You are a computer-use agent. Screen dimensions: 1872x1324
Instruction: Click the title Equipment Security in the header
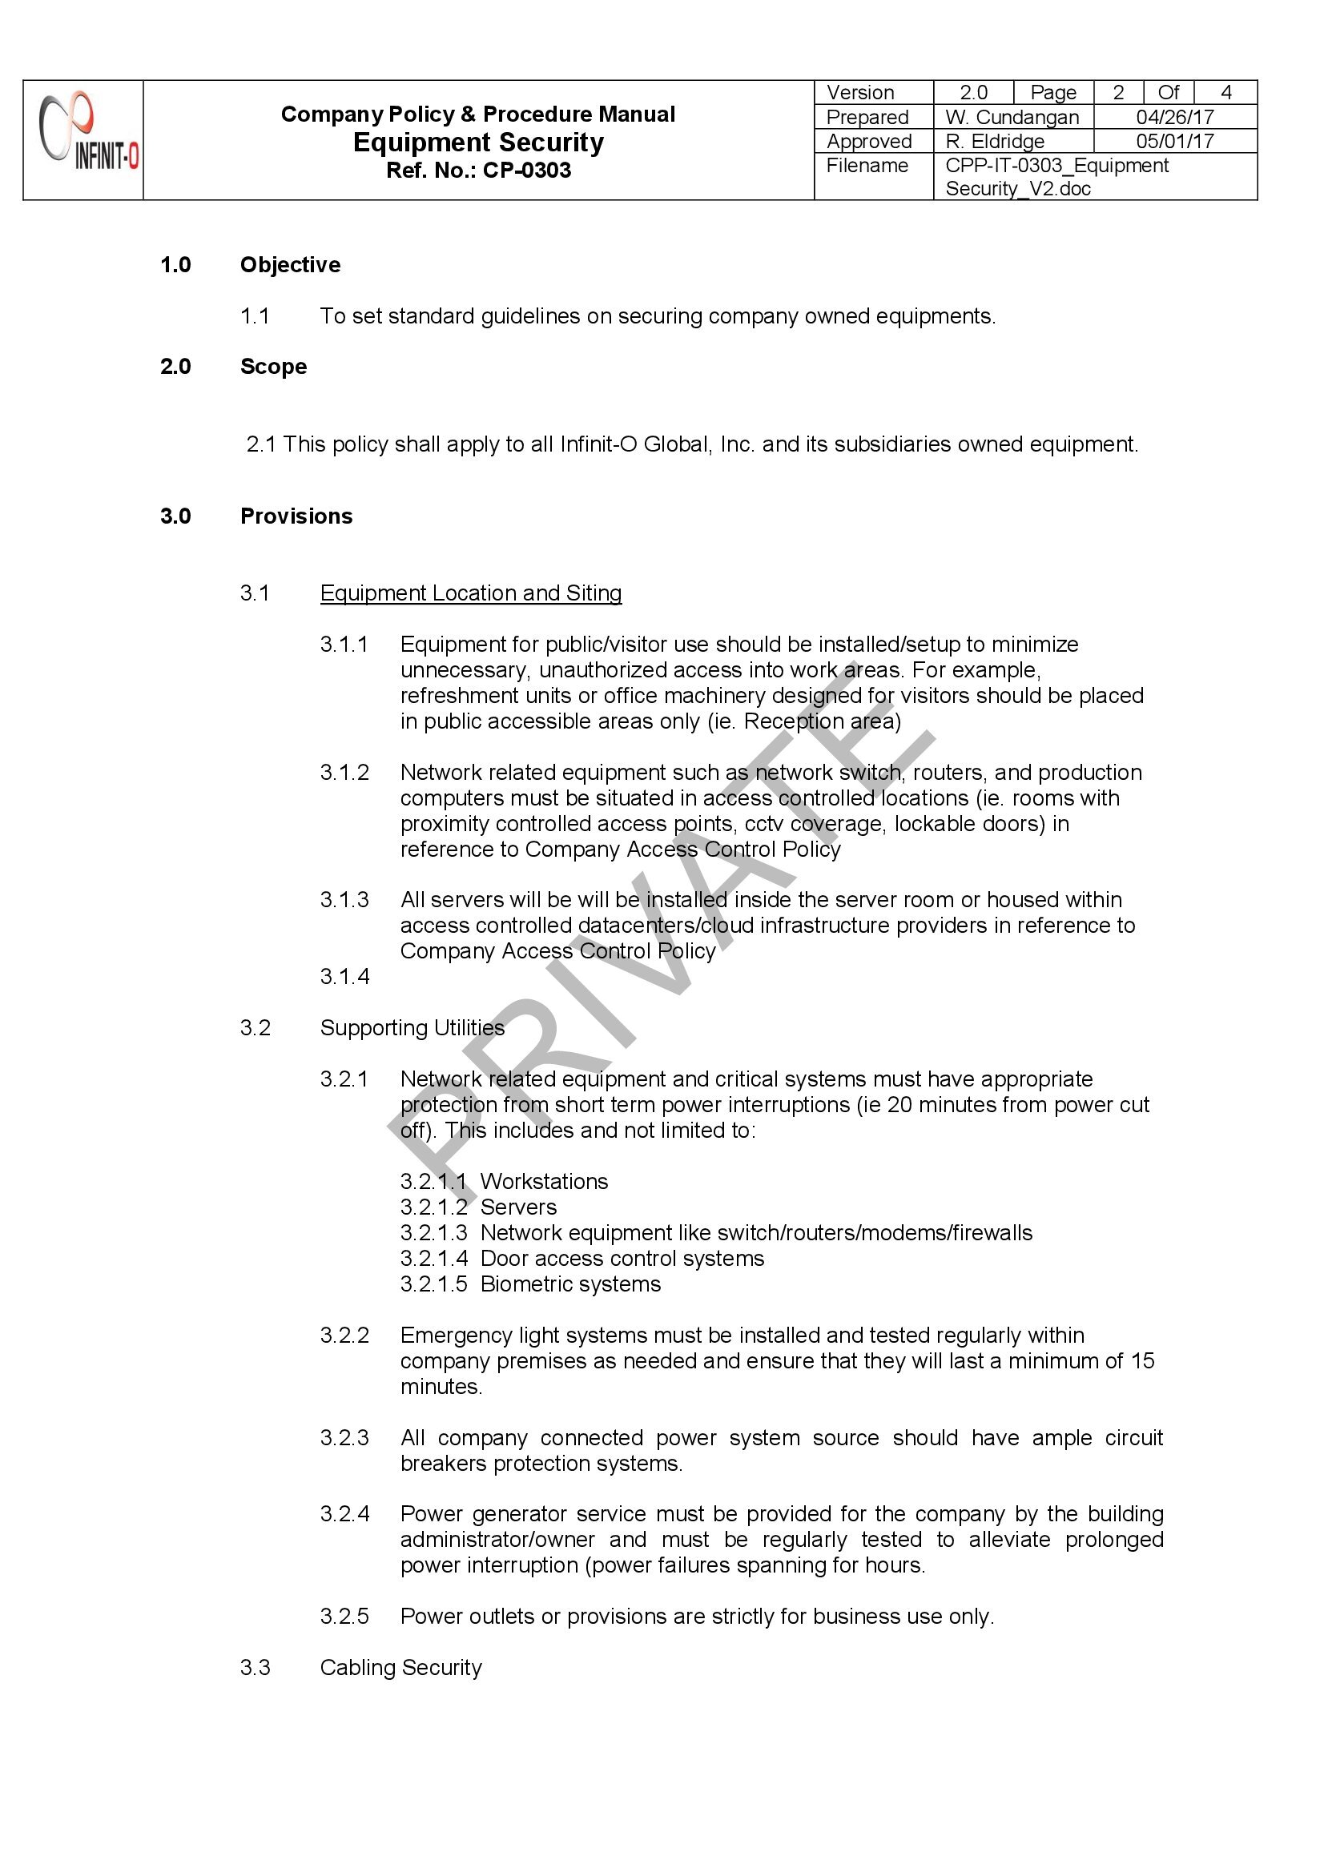click(x=478, y=143)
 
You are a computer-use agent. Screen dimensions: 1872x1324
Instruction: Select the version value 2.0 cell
click(x=972, y=92)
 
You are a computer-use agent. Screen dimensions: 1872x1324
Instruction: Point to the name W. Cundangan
click(x=1012, y=118)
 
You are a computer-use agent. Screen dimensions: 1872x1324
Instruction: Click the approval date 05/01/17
click(x=1174, y=141)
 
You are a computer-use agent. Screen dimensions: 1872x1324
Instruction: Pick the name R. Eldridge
click(x=995, y=141)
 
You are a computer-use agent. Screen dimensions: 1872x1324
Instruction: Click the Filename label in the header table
click(x=867, y=166)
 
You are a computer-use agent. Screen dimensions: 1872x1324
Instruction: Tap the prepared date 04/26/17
click(x=1174, y=118)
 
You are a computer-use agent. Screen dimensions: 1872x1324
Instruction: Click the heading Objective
click(x=290, y=265)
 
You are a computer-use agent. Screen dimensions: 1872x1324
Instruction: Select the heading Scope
click(x=273, y=367)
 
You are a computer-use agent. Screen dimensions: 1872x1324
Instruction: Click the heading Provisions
click(x=296, y=516)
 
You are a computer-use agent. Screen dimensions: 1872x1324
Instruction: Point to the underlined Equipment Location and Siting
click(x=471, y=593)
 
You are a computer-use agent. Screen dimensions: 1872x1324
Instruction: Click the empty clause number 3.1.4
click(x=344, y=976)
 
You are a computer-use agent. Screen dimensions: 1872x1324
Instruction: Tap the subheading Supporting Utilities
click(x=412, y=1027)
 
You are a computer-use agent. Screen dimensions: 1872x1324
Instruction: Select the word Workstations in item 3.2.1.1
click(x=544, y=1182)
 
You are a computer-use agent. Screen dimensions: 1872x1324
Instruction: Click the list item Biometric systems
click(x=570, y=1284)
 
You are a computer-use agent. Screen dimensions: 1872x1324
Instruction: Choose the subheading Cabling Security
click(x=400, y=1667)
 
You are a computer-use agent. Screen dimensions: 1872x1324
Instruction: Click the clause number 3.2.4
click(x=344, y=1514)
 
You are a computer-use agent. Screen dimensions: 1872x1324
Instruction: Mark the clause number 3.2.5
click(x=344, y=1616)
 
